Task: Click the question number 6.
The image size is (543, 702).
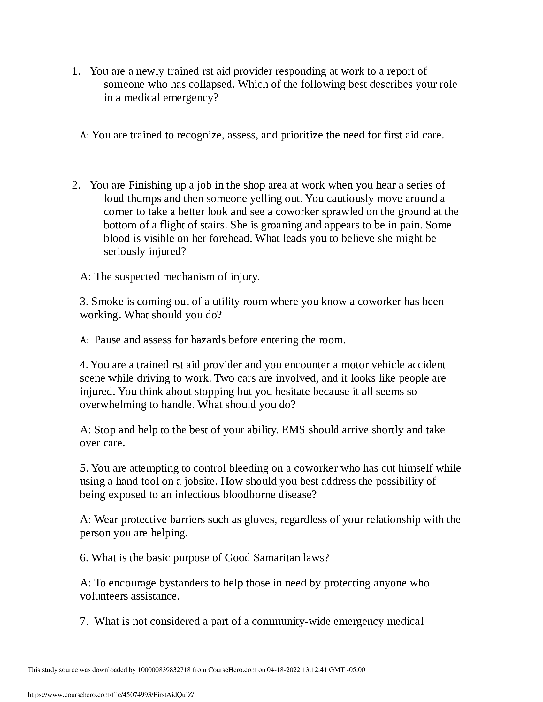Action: [84, 558]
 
